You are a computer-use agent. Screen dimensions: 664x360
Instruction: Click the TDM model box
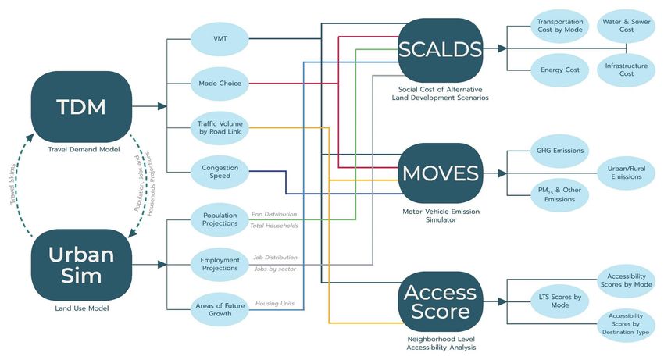(x=81, y=107)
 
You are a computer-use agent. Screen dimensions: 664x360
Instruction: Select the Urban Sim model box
(x=81, y=266)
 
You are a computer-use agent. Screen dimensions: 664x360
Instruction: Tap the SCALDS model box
(x=441, y=50)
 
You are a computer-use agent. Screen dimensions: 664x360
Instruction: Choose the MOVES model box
(x=441, y=173)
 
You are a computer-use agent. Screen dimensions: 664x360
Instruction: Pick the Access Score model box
(x=441, y=301)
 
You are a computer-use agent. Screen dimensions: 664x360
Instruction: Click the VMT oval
(x=220, y=39)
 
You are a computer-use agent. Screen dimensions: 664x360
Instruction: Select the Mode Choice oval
(x=220, y=84)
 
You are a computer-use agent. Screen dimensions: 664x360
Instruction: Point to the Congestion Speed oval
(x=220, y=172)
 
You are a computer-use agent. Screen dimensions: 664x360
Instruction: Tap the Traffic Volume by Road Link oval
(x=220, y=127)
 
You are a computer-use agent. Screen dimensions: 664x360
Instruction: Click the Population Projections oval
(x=220, y=219)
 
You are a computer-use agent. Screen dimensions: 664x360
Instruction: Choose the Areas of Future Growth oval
(x=220, y=309)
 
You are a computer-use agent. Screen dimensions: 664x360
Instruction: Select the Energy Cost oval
(x=560, y=70)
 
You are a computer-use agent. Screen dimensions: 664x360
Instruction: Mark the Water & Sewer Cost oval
(x=627, y=26)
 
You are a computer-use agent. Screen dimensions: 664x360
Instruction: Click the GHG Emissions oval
(x=560, y=151)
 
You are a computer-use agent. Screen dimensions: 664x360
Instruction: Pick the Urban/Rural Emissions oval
(x=627, y=173)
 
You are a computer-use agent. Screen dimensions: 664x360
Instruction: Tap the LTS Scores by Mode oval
(x=560, y=301)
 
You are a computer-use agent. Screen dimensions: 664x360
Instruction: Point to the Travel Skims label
(x=13, y=184)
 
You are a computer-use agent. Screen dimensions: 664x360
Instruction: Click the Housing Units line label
(x=275, y=303)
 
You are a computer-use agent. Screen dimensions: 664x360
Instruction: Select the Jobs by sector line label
(x=275, y=269)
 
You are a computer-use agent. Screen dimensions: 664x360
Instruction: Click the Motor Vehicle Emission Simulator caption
(x=441, y=216)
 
